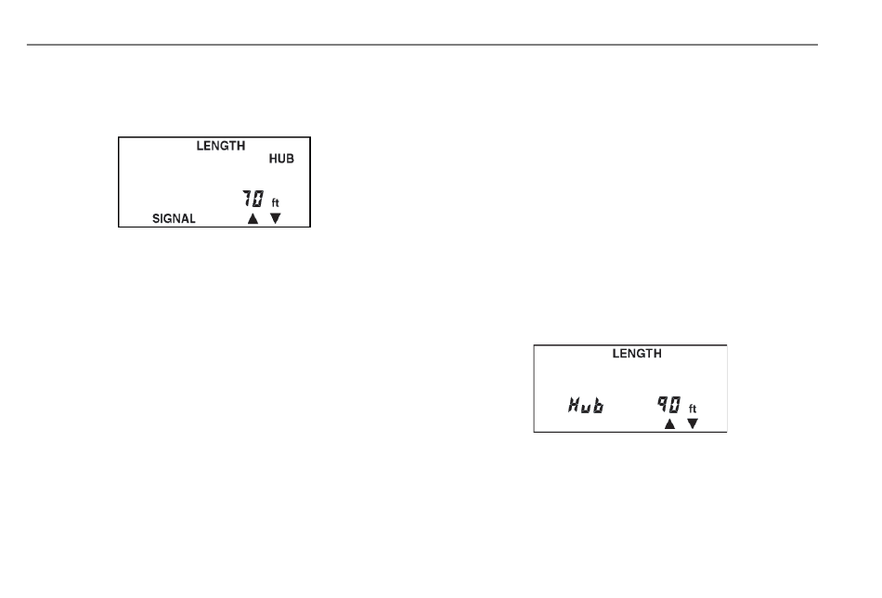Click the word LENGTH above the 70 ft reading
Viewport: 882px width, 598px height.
tap(220, 146)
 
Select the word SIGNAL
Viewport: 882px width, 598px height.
tap(174, 219)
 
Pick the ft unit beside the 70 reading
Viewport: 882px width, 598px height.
tap(275, 201)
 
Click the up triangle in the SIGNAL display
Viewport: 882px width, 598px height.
tap(252, 218)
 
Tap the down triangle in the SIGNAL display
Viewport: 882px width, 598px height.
tap(275, 218)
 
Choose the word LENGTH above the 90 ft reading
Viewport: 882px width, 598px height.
tap(636, 354)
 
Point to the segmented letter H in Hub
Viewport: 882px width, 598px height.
tap(574, 406)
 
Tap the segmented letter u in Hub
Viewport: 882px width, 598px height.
tap(586, 409)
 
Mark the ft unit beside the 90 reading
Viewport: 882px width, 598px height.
tap(693, 408)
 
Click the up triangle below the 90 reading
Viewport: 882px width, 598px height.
tap(668, 424)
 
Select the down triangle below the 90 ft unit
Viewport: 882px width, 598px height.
tap(692, 424)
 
